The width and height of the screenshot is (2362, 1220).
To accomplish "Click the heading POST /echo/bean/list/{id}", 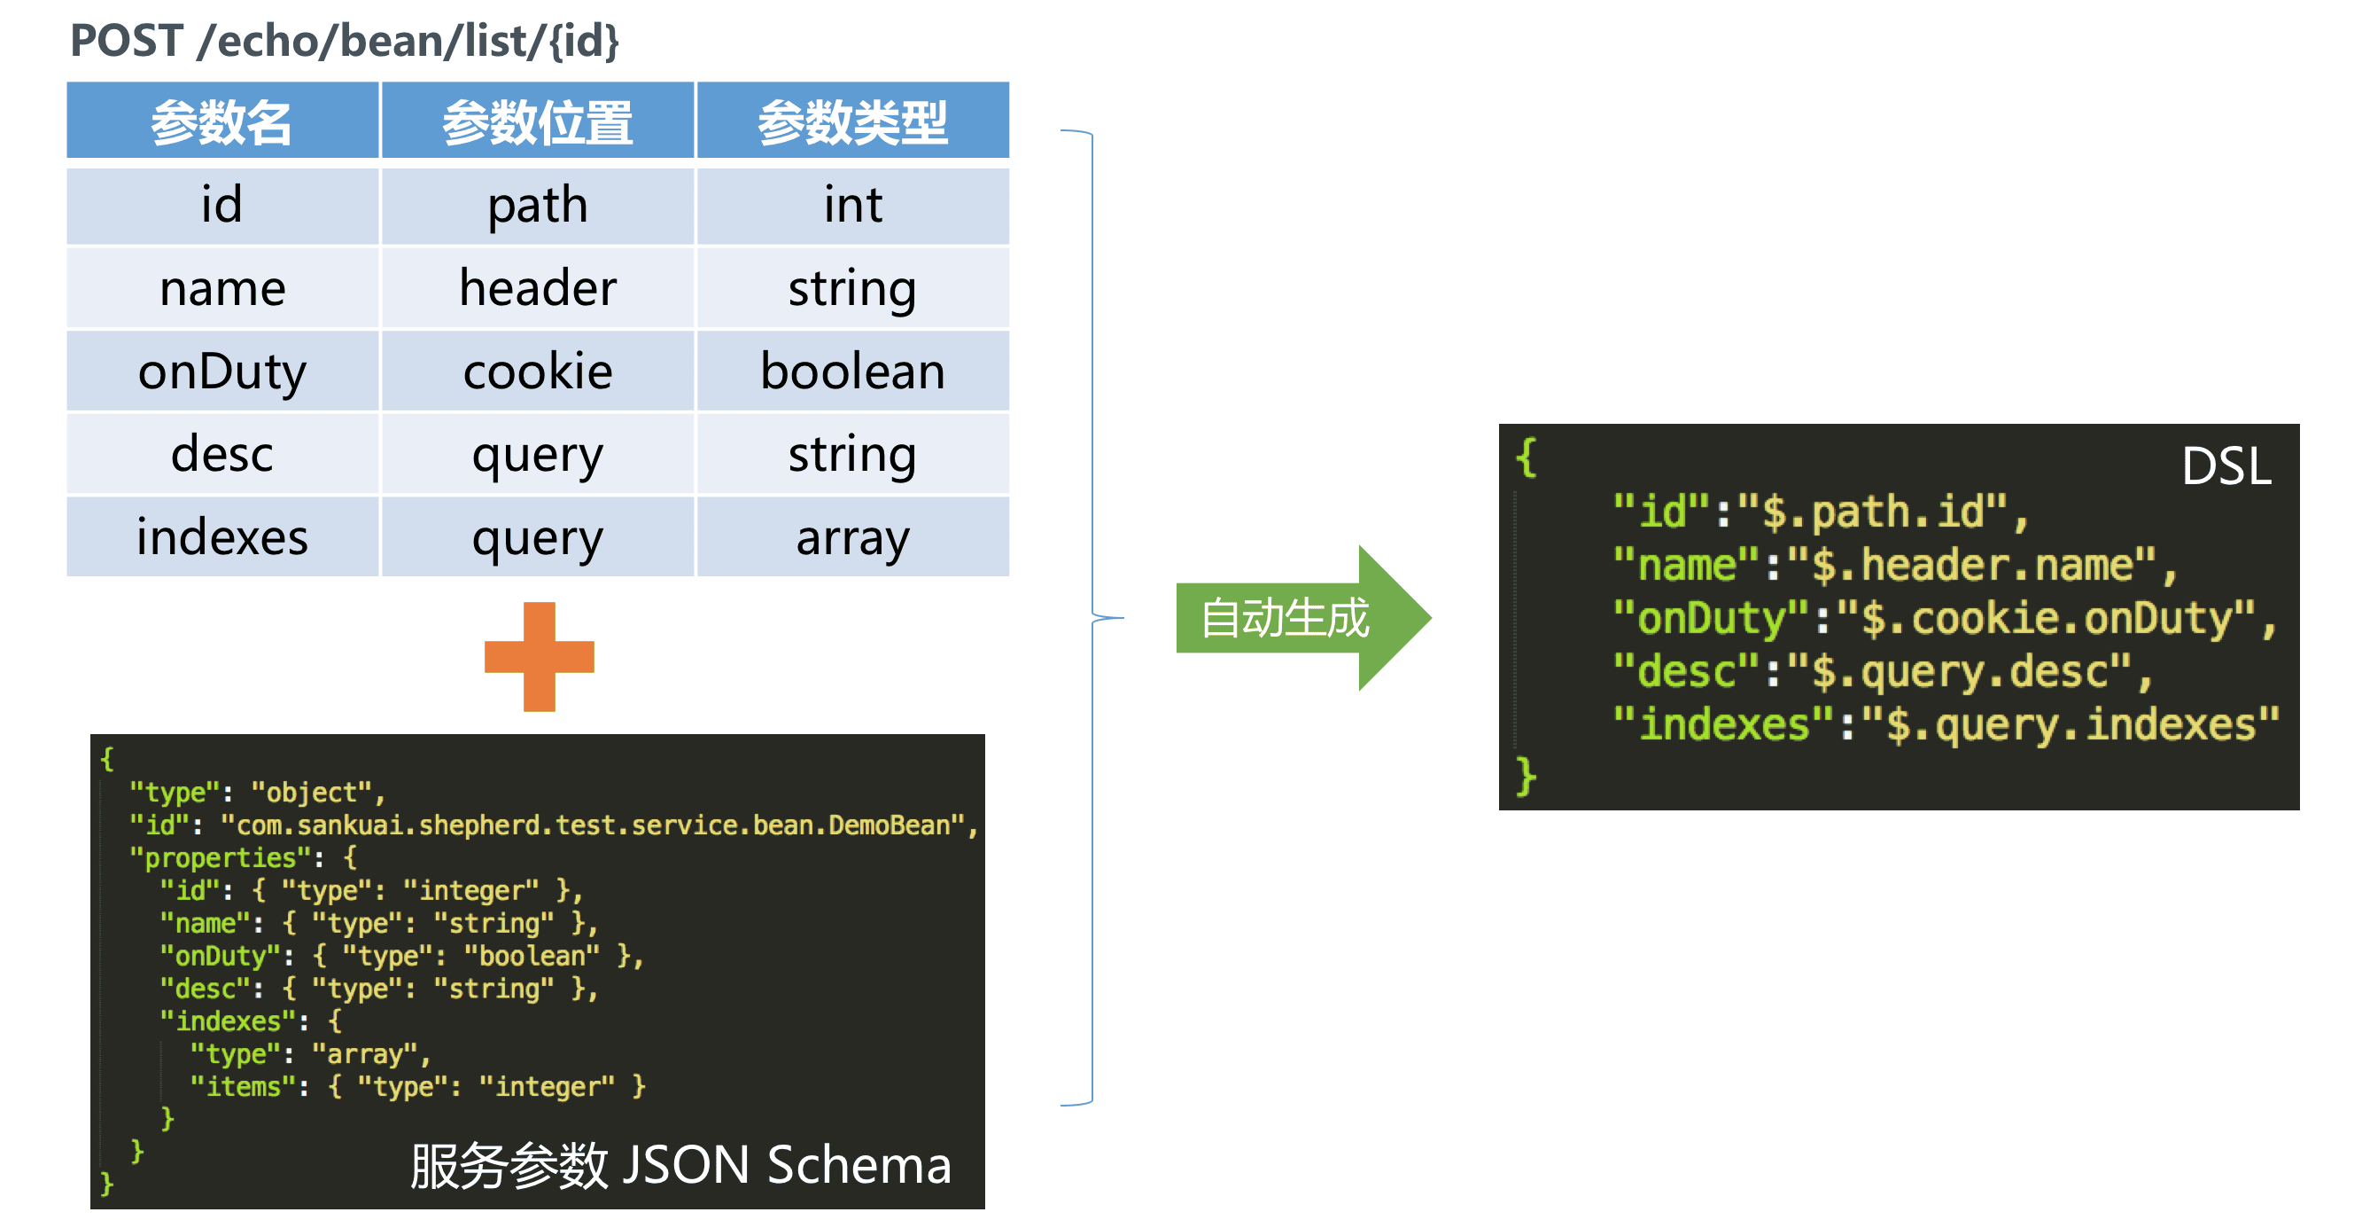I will coord(345,42).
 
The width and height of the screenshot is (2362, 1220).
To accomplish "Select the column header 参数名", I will coord(221,121).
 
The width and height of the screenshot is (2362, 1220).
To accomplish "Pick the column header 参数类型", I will coord(852,121).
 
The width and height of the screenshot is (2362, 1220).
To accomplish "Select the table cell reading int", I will coord(852,205).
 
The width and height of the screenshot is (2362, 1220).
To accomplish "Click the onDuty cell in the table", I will coord(221,371).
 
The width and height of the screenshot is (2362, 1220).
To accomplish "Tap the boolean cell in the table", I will coord(852,371).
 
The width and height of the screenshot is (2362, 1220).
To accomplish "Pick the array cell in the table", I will coord(852,537).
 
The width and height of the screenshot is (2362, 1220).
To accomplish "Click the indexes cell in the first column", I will coord(221,537).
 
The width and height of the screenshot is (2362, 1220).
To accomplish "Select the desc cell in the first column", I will coord(221,454).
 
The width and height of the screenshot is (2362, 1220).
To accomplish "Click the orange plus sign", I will coord(540,657).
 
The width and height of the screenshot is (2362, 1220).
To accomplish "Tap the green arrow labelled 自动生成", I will coord(1293,617).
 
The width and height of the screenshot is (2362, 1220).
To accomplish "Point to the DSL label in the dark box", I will coord(2226,466).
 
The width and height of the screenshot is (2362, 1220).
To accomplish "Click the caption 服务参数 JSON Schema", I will coord(680,1165).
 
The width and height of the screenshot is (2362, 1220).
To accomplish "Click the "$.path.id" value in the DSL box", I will coord(1884,511).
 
